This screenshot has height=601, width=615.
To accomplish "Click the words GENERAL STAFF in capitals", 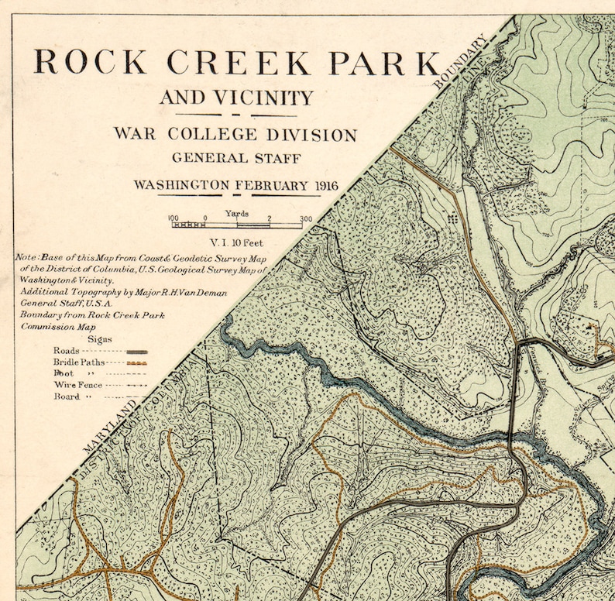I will coord(235,158).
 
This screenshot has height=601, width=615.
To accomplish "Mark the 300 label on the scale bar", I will coord(305,218).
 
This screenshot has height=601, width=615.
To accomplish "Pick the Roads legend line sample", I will coord(136,351).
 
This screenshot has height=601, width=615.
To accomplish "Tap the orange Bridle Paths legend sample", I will coord(136,362).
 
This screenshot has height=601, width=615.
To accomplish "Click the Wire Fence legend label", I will coord(77,384).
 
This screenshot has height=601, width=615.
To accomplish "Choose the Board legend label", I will coord(67,396).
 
